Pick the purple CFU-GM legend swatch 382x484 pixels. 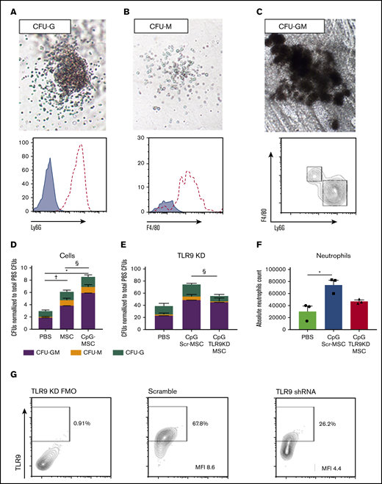coord(26,354)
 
